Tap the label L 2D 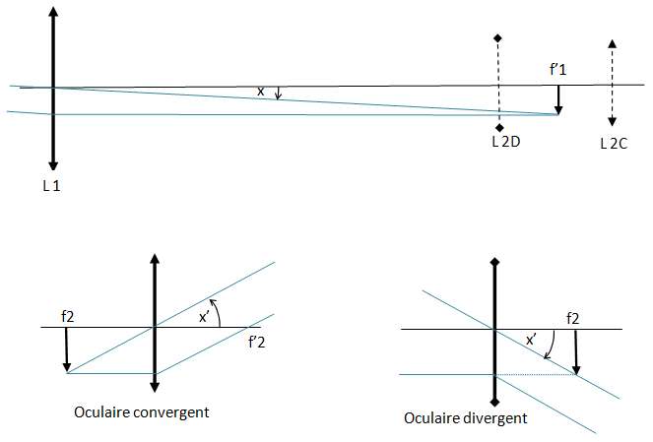point(505,142)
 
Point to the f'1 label point(560,70)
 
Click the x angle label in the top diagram point(260,91)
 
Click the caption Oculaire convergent point(142,410)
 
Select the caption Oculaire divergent point(466,417)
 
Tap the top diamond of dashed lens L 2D point(499,37)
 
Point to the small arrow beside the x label point(278,93)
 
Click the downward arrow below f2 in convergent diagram point(66,350)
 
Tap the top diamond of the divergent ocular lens point(494,262)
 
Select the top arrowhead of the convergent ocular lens point(154,259)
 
